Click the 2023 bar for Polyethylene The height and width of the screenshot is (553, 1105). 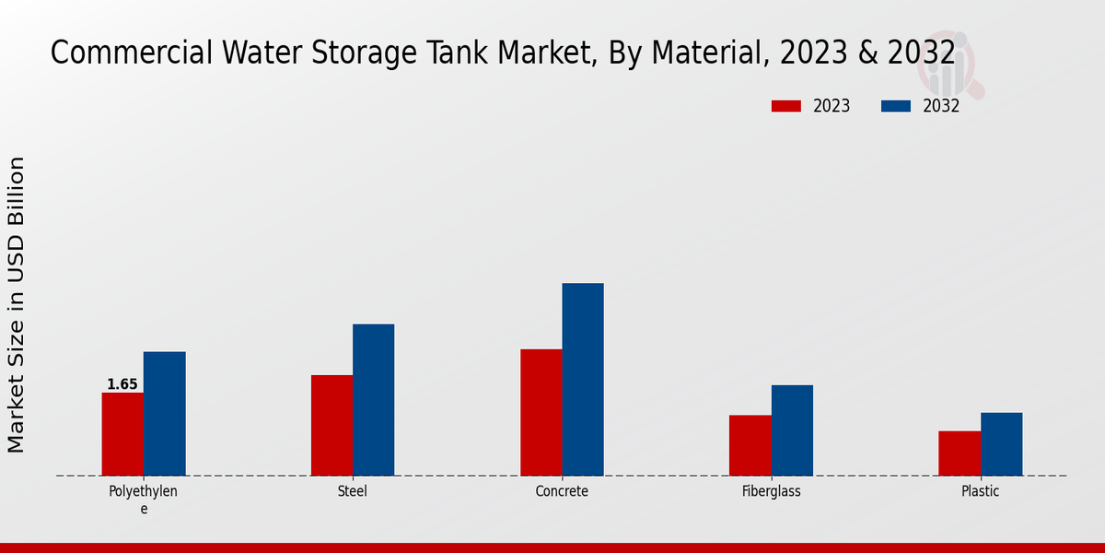122,434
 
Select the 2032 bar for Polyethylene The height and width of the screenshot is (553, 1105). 164,414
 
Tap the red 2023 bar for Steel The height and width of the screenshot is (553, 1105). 331,425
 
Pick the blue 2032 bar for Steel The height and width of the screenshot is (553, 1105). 373,400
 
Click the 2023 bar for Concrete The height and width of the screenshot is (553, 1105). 541,412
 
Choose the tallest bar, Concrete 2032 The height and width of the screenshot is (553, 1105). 583,379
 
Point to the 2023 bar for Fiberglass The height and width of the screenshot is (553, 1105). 750,445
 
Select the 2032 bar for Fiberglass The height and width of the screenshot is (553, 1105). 792,430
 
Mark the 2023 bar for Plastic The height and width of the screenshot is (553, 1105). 960,453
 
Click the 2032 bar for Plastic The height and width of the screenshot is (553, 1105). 1001,444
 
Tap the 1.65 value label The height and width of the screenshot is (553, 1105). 122,384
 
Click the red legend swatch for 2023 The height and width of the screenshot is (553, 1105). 785,106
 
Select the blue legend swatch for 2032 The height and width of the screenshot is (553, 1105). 896,106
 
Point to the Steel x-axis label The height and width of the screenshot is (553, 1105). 353,491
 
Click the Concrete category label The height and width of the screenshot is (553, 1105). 562,491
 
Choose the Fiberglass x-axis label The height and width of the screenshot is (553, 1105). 772,491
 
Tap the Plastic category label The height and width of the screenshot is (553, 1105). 981,491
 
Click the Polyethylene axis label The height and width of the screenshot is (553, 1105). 144,500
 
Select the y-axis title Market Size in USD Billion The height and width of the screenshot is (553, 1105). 17,304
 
